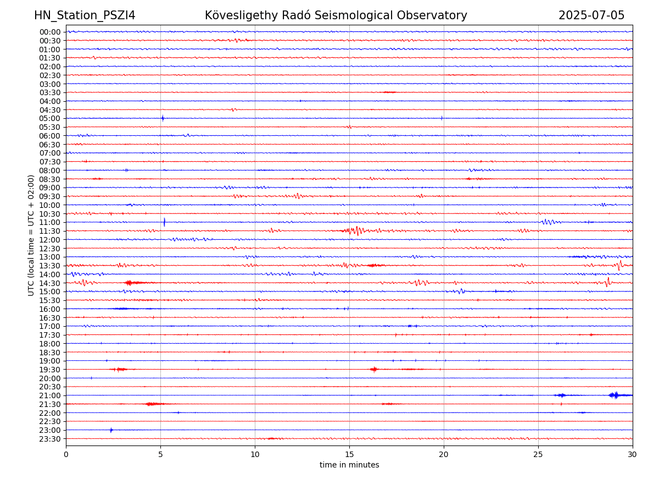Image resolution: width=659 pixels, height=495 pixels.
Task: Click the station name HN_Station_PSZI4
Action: pos(85,15)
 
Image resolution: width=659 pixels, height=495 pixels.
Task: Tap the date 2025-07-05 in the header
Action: pos(591,15)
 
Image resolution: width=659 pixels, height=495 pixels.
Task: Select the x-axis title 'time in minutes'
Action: pos(349,465)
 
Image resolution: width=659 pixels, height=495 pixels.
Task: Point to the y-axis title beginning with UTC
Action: pos(31,235)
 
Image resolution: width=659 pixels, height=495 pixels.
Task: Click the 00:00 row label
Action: pos(50,32)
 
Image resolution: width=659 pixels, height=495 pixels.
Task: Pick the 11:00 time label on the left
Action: pos(50,222)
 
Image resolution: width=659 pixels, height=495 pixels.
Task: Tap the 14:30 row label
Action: pos(50,283)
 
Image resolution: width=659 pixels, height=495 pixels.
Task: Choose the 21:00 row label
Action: pos(50,395)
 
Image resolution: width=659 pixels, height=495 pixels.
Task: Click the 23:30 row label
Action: pos(50,439)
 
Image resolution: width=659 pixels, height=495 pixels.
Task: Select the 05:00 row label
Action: pos(50,118)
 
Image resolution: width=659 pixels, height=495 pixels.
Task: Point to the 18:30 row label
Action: pos(50,352)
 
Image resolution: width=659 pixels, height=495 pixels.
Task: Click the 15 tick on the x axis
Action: pos(349,455)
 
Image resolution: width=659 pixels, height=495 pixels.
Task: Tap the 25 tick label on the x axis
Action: pos(538,455)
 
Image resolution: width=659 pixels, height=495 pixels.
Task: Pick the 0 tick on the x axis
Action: pos(66,455)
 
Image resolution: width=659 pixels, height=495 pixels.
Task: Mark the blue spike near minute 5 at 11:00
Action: pos(164,222)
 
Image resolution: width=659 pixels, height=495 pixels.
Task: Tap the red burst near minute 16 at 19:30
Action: pos(374,369)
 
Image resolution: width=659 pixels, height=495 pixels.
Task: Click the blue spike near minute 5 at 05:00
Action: pos(163,118)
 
